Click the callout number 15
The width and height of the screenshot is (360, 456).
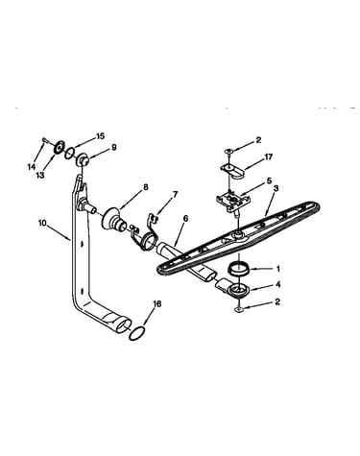point(100,136)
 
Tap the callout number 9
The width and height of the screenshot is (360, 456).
point(114,148)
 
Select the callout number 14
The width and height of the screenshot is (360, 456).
point(32,167)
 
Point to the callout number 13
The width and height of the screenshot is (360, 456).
point(40,176)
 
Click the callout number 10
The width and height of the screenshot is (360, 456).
point(42,223)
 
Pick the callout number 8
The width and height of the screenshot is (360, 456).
point(146,187)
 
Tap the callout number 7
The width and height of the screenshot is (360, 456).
point(175,194)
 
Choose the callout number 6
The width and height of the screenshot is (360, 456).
point(185,219)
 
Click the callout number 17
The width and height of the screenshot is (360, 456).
point(268,157)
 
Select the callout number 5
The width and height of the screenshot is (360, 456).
point(269,180)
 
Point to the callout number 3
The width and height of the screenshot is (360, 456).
point(276,188)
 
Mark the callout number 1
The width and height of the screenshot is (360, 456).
point(277,269)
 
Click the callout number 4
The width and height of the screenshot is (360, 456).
point(277,284)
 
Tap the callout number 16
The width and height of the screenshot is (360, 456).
point(157,303)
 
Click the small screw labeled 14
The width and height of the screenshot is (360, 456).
point(45,140)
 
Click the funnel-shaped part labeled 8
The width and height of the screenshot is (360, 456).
point(115,220)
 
